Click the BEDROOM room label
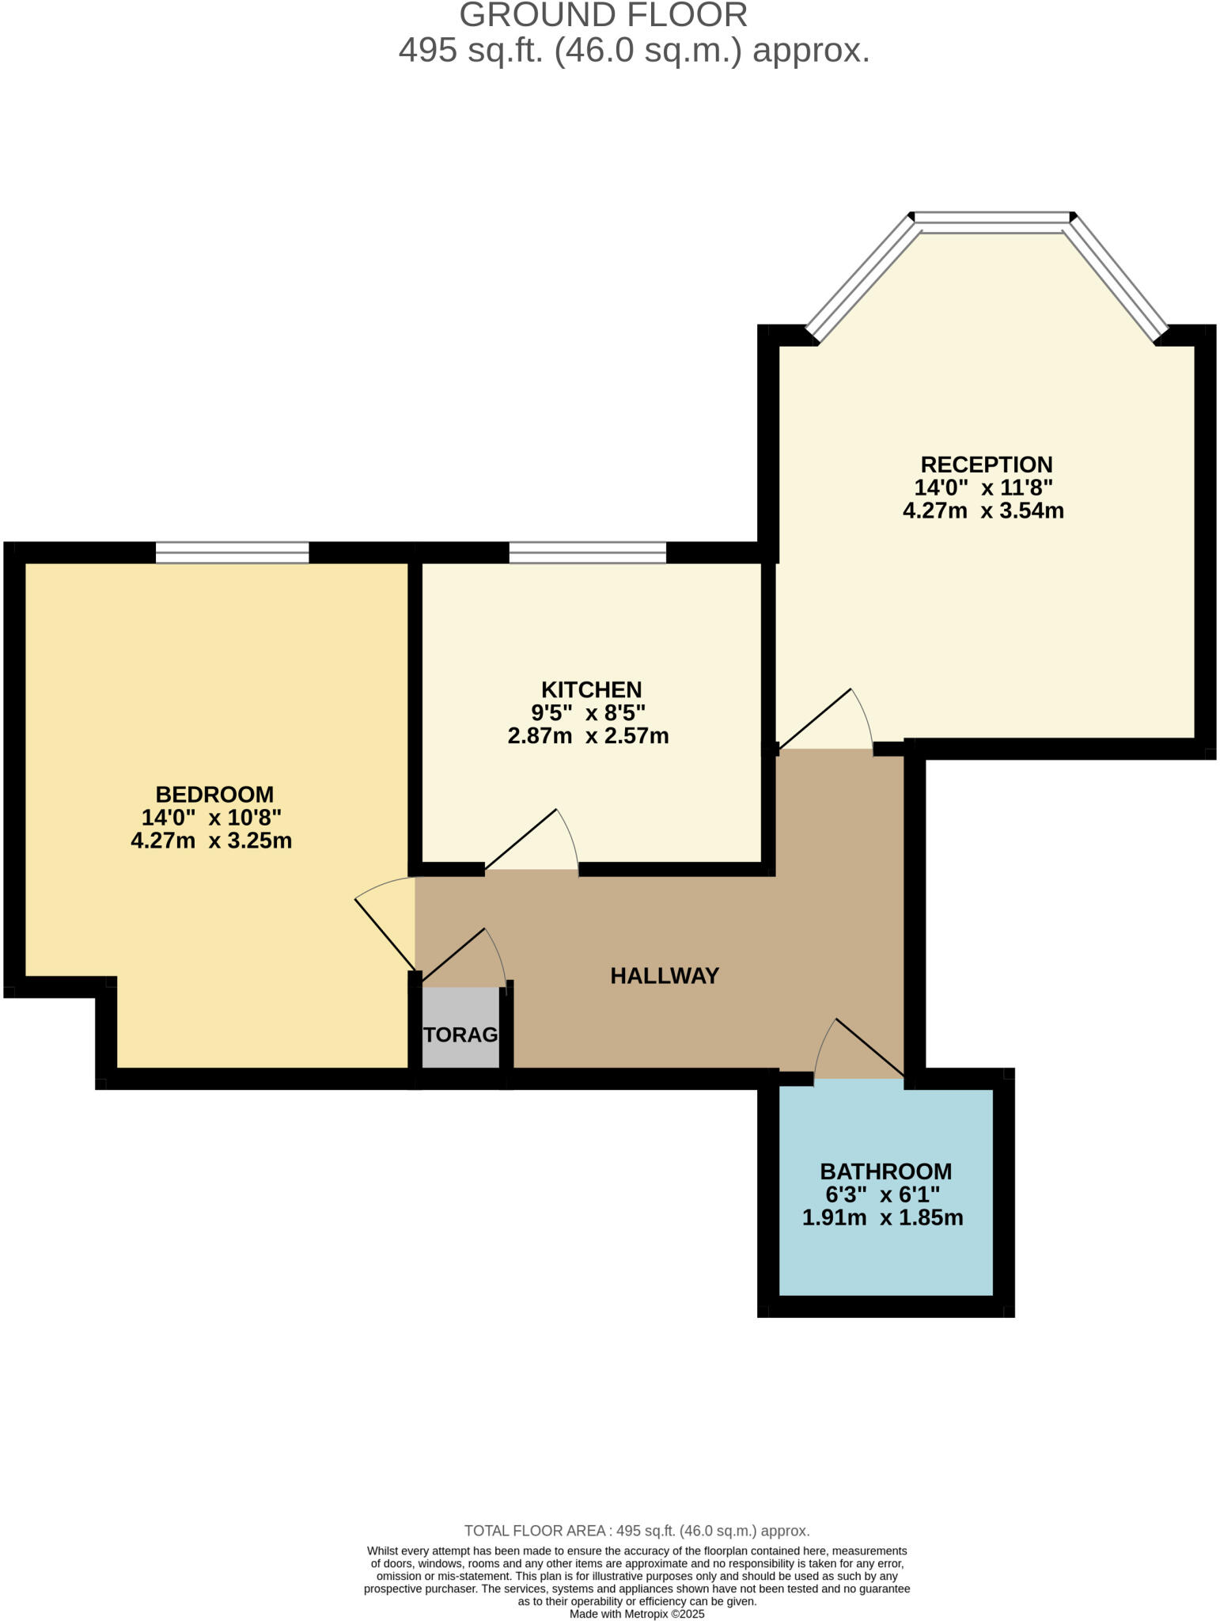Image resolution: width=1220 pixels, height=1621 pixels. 214,794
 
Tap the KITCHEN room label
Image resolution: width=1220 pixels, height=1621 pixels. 591,689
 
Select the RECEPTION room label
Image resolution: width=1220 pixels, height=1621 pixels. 986,465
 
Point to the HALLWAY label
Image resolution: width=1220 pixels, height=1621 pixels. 665,976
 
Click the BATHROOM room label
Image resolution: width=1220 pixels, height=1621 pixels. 885,1171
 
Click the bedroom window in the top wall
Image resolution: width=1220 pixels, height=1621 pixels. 232,552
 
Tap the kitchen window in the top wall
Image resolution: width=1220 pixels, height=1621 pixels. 587,552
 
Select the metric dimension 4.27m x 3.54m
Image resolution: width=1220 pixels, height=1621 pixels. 983,511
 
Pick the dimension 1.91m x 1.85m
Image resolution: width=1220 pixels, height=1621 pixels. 882,1218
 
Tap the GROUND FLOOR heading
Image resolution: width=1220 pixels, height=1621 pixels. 603,16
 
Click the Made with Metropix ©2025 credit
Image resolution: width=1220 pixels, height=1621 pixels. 636,1613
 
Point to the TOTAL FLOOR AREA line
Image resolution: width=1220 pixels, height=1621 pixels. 636,1531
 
